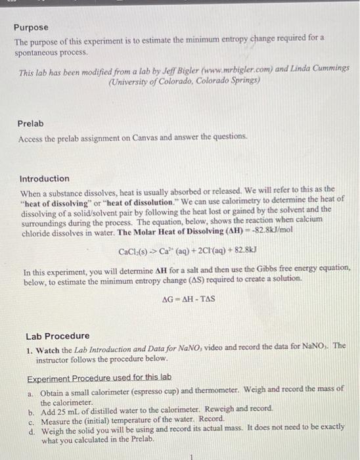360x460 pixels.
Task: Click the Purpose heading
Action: point(32,27)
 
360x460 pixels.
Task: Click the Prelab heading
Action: point(31,123)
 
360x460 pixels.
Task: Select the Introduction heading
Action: point(44,178)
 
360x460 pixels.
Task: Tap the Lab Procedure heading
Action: point(57,335)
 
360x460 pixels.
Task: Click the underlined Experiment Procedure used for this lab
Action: point(99,378)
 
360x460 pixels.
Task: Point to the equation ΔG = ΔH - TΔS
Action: point(189,299)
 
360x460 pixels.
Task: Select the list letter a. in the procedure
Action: point(30,389)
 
